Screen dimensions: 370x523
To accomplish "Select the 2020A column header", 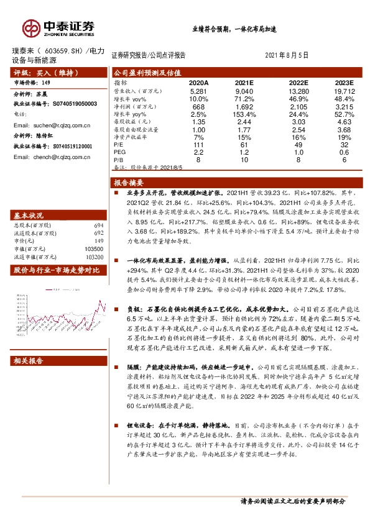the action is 198,83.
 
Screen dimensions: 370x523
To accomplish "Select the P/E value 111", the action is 198,144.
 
